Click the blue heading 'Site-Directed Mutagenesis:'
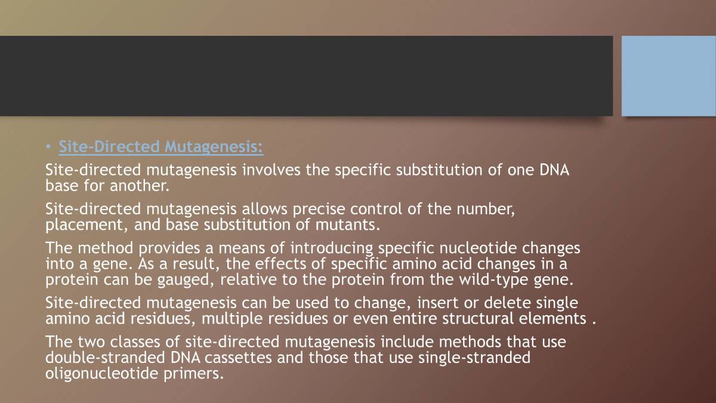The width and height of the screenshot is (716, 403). point(161,147)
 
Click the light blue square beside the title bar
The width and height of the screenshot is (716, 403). point(668,76)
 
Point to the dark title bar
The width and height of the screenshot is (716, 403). point(306,76)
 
